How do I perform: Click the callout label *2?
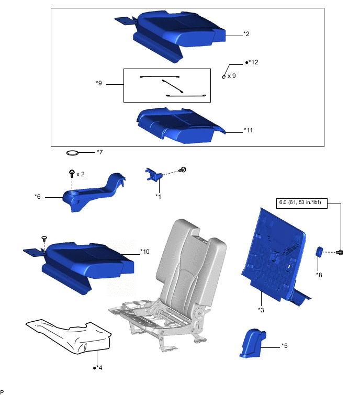pyautogui.click(x=246, y=34)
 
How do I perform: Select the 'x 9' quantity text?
pyautogui.click(x=231, y=76)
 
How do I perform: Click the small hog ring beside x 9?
pyautogui.click(x=224, y=77)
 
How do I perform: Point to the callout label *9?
pyautogui.click(x=99, y=83)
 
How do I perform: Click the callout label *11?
pyautogui.click(x=248, y=130)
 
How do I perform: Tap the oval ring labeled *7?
pyautogui.click(x=73, y=153)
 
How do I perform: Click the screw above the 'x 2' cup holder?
pyautogui.click(x=72, y=173)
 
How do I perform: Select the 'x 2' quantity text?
pyautogui.click(x=81, y=174)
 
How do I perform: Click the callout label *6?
pyautogui.click(x=38, y=197)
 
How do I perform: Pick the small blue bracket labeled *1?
pyautogui.click(x=153, y=174)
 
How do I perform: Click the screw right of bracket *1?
pyautogui.click(x=183, y=170)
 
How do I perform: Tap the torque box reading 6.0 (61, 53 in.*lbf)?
pyautogui.click(x=302, y=204)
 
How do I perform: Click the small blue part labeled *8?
pyautogui.click(x=319, y=252)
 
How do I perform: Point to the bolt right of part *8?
pyautogui.click(x=340, y=252)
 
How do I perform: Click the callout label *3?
pyautogui.click(x=261, y=310)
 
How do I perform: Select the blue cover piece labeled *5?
pyautogui.click(x=252, y=343)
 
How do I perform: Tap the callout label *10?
pyautogui.click(x=145, y=252)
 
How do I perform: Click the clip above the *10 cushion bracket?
pyautogui.click(x=44, y=238)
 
